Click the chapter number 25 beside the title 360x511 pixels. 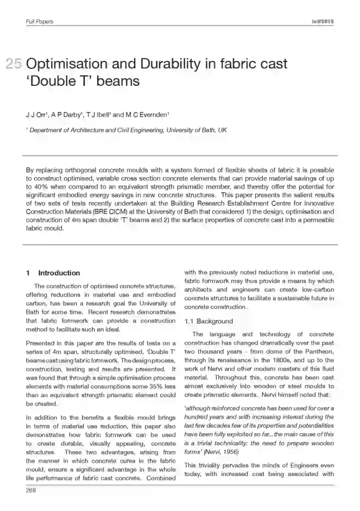13,64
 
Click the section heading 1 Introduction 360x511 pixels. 53,273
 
